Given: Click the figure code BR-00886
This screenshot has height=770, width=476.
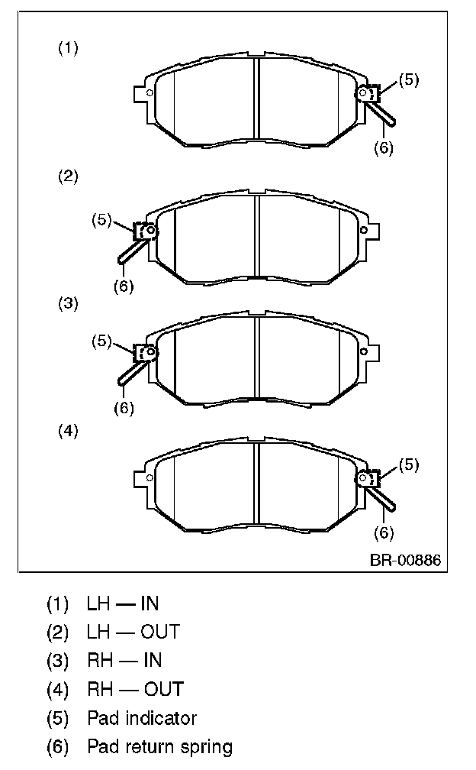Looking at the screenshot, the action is click(405, 560).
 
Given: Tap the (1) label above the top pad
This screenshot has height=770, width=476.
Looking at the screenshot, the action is click(68, 48).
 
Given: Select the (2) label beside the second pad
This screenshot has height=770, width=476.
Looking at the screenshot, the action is click(68, 176).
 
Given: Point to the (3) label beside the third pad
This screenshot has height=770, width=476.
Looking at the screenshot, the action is click(68, 303).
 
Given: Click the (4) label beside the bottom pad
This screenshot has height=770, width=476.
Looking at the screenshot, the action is click(68, 431).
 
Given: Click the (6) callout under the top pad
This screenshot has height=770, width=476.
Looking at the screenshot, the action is click(384, 148).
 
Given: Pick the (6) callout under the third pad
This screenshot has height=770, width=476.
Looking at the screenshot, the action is click(124, 407).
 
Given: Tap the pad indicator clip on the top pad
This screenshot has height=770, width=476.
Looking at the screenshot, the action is click(368, 94).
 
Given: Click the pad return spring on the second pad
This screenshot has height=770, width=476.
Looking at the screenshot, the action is click(128, 251).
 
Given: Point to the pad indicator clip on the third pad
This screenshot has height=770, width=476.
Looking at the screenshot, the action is click(144, 353).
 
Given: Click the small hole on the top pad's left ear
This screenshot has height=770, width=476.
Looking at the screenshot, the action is click(150, 94).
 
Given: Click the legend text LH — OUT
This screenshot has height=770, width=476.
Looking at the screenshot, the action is click(133, 632).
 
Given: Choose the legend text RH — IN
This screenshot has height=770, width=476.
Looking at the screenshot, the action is click(124, 660).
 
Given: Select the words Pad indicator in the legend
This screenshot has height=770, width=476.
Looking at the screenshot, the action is click(142, 718).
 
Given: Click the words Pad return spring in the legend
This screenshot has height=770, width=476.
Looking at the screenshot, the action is click(159, 746).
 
